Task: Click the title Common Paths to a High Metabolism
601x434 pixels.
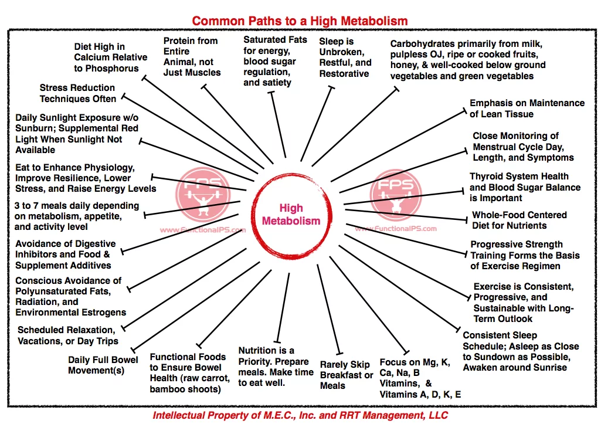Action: click(300, 21)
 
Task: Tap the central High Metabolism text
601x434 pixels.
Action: click(291, 215)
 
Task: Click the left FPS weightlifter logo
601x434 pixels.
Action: click(203, 194)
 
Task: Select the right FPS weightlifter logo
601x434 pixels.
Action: click(396, 194)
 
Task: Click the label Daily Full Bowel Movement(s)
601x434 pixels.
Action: click(103, 365)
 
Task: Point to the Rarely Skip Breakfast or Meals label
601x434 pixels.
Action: click(347, 375)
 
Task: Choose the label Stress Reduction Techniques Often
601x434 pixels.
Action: click(77, 93)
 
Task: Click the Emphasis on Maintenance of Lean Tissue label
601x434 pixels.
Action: click(527, 108)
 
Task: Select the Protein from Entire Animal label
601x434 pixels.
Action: click(191, 57)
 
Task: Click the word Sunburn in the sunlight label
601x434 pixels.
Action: click(35, 128)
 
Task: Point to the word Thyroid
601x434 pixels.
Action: click(487, 177)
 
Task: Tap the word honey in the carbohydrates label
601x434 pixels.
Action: click(404, 65)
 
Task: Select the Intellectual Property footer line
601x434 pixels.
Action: click(300, 415)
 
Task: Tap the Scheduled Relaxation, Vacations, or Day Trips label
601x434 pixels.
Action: click(67, 335)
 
